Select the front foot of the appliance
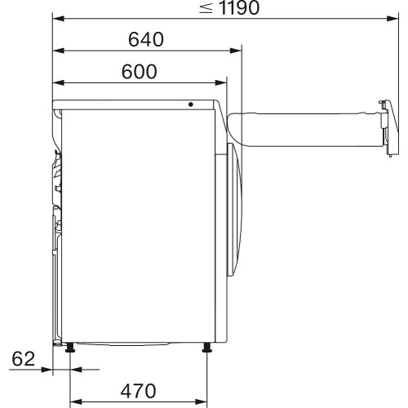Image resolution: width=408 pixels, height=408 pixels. click(x=207, y=349)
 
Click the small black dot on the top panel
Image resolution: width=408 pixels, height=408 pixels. click(x=190, y=104)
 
